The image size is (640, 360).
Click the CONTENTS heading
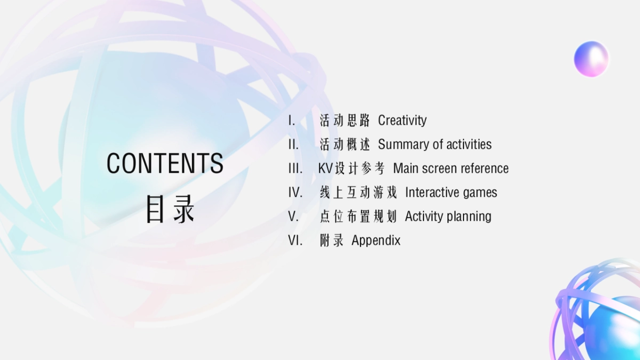coord(165,163)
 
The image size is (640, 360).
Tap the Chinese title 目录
coord(170,209)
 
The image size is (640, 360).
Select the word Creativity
coord(402,121)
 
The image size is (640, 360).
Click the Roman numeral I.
coord(291,121)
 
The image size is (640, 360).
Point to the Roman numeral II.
coord(293,145)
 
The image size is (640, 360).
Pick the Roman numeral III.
coord(295,169)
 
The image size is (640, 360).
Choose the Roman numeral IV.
coord(295,193)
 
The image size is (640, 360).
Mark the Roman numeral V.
coord(293,217)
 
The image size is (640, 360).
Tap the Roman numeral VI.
coord(295,241)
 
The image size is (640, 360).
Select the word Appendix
coord(375,241)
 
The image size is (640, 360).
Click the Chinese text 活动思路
coord(345,121)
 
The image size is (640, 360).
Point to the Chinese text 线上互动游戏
coord(358,193)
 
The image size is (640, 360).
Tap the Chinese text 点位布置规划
coord(358,217)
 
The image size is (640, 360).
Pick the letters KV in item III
coord(325,169)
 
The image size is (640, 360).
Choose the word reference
coord(484,169)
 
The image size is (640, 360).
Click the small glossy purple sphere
coord(591,59)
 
